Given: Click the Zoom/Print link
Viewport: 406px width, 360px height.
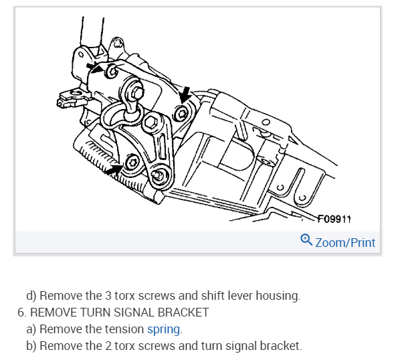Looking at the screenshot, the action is tap(345, 242).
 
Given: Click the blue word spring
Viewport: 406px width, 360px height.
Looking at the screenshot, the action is tap(164, 329).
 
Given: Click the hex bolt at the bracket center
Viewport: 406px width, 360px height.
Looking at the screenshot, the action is tap(152, 122).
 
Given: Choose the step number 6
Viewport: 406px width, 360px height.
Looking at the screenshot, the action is tap(21, 312).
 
